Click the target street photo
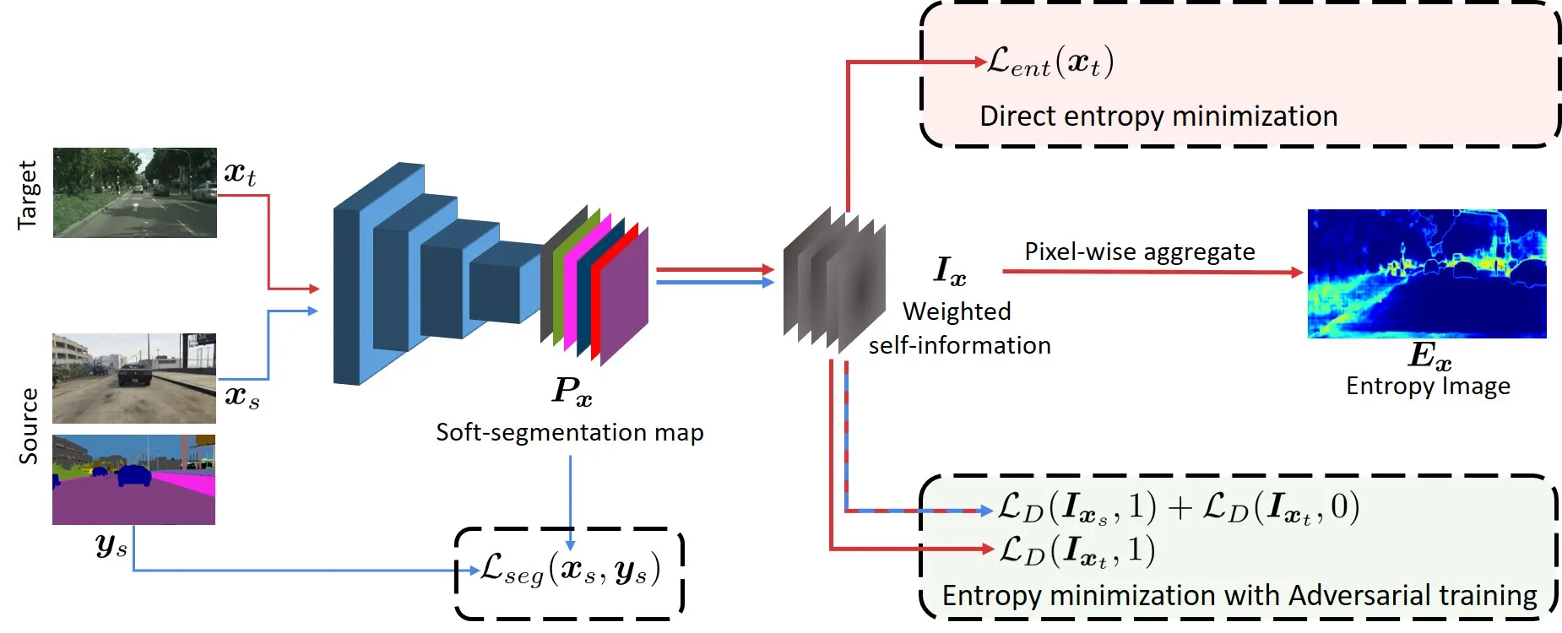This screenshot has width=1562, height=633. (135, 192)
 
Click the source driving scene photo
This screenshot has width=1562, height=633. (134, 378)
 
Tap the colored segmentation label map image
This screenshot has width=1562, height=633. (134, 479)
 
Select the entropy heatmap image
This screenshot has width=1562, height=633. (1427, 273)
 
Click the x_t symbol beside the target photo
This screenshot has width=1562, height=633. (240, 172)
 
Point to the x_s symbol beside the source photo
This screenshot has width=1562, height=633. (242, 395)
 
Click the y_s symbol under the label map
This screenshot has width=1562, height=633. (111, 546)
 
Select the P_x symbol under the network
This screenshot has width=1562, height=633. (572, 391)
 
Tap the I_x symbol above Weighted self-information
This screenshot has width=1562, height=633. (950, 271)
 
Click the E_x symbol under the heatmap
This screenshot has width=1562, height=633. (1429, 355)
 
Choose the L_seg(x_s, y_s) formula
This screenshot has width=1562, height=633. (570, 570)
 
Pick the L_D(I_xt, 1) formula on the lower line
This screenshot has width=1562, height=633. (1077, 550)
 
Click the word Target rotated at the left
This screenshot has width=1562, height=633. (28, 195)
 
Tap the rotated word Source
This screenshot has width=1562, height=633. (29, 426)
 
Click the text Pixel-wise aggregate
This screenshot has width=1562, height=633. (1140, 252)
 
